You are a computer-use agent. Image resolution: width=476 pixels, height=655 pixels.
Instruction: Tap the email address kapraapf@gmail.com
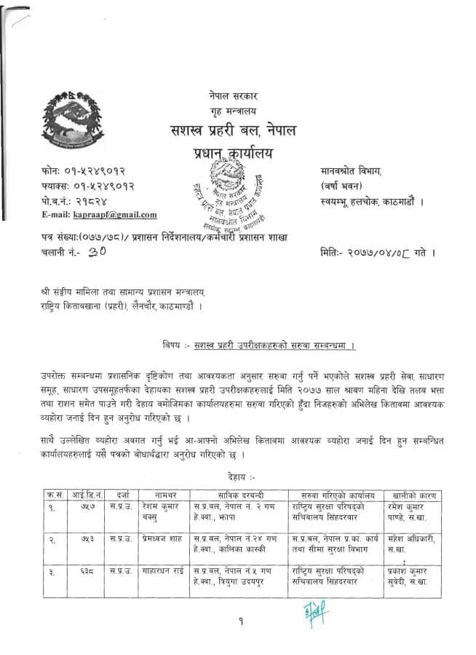[115, 214]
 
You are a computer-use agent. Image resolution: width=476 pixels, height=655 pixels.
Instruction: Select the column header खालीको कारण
[413, 495]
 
